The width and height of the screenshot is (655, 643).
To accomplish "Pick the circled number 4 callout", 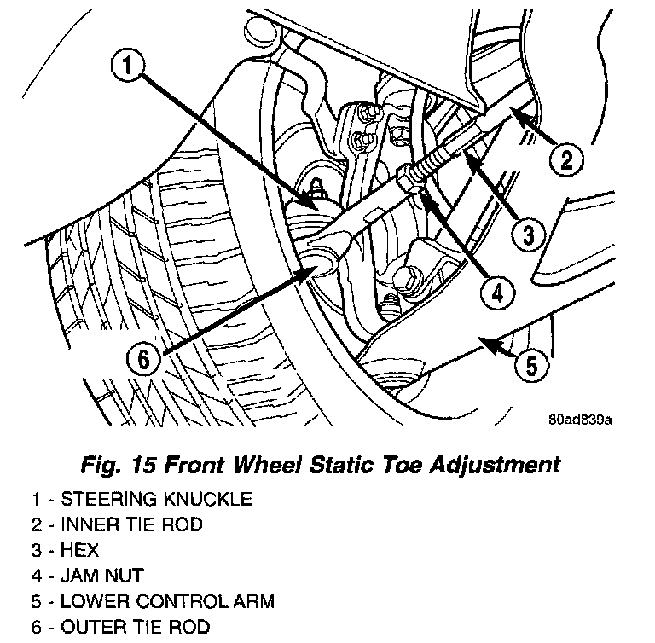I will pos(496,293).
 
